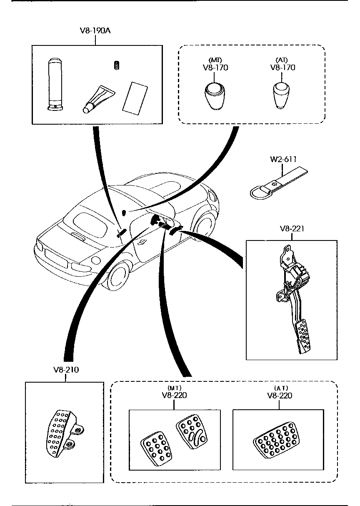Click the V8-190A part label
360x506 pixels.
click(x=95, y=31)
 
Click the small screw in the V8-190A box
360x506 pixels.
click(x=117, y=65)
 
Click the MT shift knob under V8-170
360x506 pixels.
click(x=215, y=95)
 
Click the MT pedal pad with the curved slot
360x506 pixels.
click(x=191, y=431)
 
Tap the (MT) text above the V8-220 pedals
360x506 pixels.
click(x=175, y=388)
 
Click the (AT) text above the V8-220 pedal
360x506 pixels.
click(x=280, y=388)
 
